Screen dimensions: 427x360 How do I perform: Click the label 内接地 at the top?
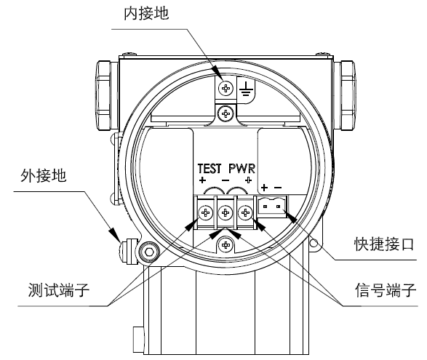click(x=146, y=14)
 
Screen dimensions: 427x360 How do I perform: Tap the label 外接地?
click(x=44, y=175)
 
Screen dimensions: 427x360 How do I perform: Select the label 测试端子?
click(x=59, y=289)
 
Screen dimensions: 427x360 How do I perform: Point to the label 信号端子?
click(x=386, y=289)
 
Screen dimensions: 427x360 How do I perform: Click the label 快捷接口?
click(x=384, y=244)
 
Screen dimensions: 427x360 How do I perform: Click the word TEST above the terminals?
click(x=209, y=169)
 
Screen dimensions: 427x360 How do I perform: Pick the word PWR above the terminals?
click(x=242, y=169)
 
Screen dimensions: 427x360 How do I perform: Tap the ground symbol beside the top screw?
click(x=246, y=89)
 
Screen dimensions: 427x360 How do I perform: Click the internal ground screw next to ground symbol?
click(x=226, y=88)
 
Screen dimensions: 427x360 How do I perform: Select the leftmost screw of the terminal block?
click(x=206, y=212)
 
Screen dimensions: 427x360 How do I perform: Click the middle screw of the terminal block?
click(x=226, y=212)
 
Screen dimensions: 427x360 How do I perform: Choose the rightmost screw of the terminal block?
click(x=245, y=212)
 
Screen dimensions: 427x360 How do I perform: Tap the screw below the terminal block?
click(x=226, y=244)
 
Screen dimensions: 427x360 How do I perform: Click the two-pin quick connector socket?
click(x=272, y=207)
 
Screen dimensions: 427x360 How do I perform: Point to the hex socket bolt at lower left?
click(x=148, y=252)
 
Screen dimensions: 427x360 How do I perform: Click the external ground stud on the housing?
click(x=128, y=251)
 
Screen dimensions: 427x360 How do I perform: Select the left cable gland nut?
click(x=103, y=95)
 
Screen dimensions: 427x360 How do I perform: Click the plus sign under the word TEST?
click(x=202, y=180)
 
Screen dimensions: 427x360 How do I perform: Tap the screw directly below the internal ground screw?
click(x=226, y=113)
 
